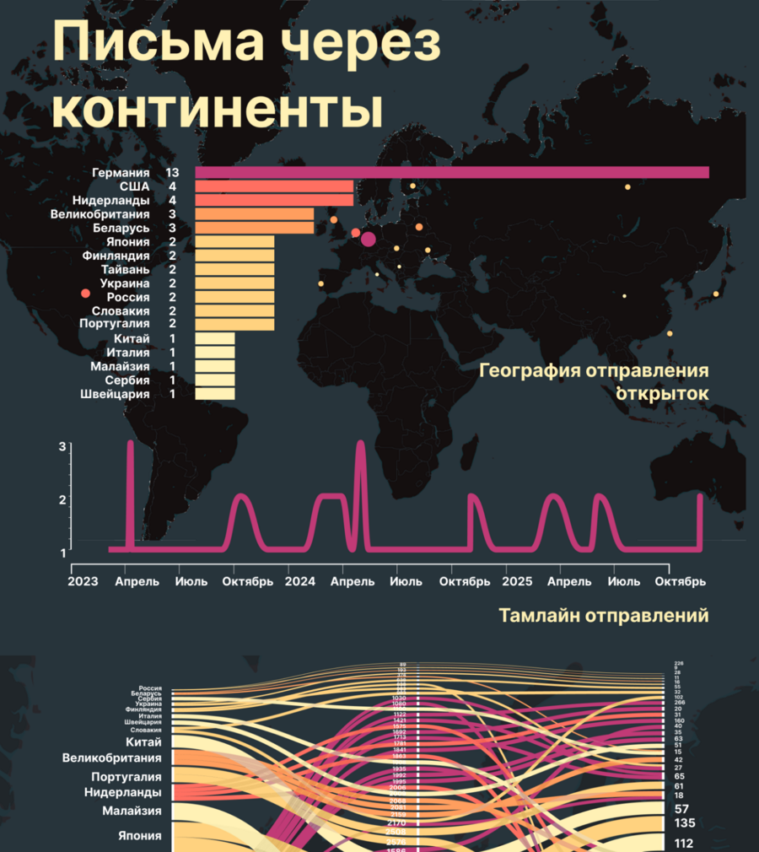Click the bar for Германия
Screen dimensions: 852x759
tap(452, 172)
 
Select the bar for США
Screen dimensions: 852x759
tap(274, 186)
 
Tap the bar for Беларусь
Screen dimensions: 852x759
tap(255, 228)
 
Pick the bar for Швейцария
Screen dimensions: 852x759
tap(215, 393)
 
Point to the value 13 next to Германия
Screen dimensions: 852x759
tap(173, 172)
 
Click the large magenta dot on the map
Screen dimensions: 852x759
tap(368, 240)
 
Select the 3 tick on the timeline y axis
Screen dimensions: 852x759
tap(62, 446)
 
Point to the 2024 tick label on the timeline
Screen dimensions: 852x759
tap(300, 582)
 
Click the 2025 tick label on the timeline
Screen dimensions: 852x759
tap(517, 582)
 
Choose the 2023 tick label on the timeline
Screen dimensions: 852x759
tap(83, 582)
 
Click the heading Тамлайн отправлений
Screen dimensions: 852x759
tap(603, 617)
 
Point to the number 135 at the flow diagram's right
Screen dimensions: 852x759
tap(684, 822)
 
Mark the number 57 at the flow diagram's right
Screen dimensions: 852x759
tap(681, 808)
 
